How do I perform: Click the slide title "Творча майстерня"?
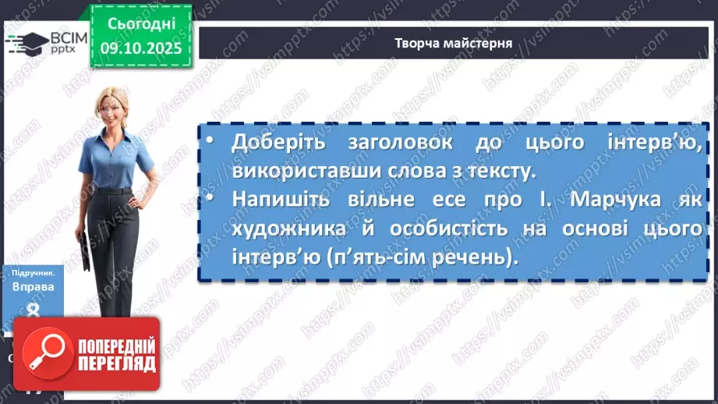click(x=453, y=43)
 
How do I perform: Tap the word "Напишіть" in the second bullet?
click(x=273, y=200)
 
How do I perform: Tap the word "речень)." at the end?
click(x=480, y=257)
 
